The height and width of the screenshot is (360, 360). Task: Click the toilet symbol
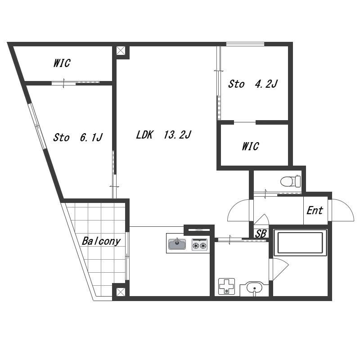291,181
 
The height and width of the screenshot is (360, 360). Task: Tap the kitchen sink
177,244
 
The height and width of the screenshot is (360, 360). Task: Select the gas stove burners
199,244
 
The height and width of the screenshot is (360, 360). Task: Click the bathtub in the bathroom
300,243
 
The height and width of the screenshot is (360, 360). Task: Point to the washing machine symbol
226,286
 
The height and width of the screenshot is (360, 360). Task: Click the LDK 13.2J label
163,135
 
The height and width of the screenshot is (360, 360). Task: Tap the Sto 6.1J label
78,137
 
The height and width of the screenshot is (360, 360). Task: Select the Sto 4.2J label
253,84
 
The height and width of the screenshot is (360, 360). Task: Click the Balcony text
101,241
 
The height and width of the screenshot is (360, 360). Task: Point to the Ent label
315,210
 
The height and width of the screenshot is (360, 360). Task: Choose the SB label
261,234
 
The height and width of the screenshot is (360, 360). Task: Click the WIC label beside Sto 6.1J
62,63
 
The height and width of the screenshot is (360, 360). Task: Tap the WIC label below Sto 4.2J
251,146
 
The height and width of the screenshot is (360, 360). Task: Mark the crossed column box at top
121,51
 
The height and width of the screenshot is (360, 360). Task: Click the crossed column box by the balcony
121,292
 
